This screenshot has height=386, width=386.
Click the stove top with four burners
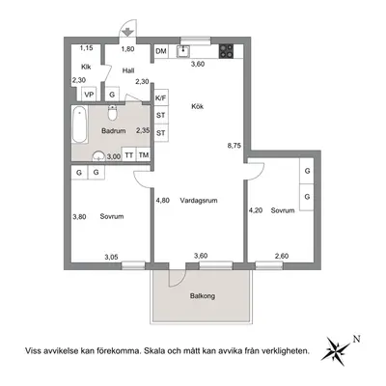[227, 51]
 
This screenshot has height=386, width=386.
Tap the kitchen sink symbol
[183, 51]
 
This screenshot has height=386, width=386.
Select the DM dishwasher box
[161, 51]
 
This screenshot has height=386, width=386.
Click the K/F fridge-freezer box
[161, 98]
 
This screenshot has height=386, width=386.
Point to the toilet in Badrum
[112, 112]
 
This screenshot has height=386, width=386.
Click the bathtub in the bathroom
[79, 124]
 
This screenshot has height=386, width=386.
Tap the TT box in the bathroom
[129, 155]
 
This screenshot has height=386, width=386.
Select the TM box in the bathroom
[144, 155]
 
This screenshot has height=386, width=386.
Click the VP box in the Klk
[89, 95]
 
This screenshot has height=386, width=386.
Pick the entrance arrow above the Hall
[127, 32]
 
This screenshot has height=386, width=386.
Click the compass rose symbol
[335, 350]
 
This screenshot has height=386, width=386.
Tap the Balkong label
[203, 296]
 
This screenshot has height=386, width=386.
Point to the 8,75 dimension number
[234, 146]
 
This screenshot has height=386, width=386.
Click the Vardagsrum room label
[199, 201]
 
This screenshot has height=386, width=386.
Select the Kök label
[198, 106]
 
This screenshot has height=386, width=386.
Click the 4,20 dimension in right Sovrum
[256, 210]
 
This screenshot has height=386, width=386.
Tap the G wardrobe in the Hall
[112, 95]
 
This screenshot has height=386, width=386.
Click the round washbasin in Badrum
[98, 156]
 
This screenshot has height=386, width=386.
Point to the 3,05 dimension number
[111, 257]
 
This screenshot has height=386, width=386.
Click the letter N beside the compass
[356, 339]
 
